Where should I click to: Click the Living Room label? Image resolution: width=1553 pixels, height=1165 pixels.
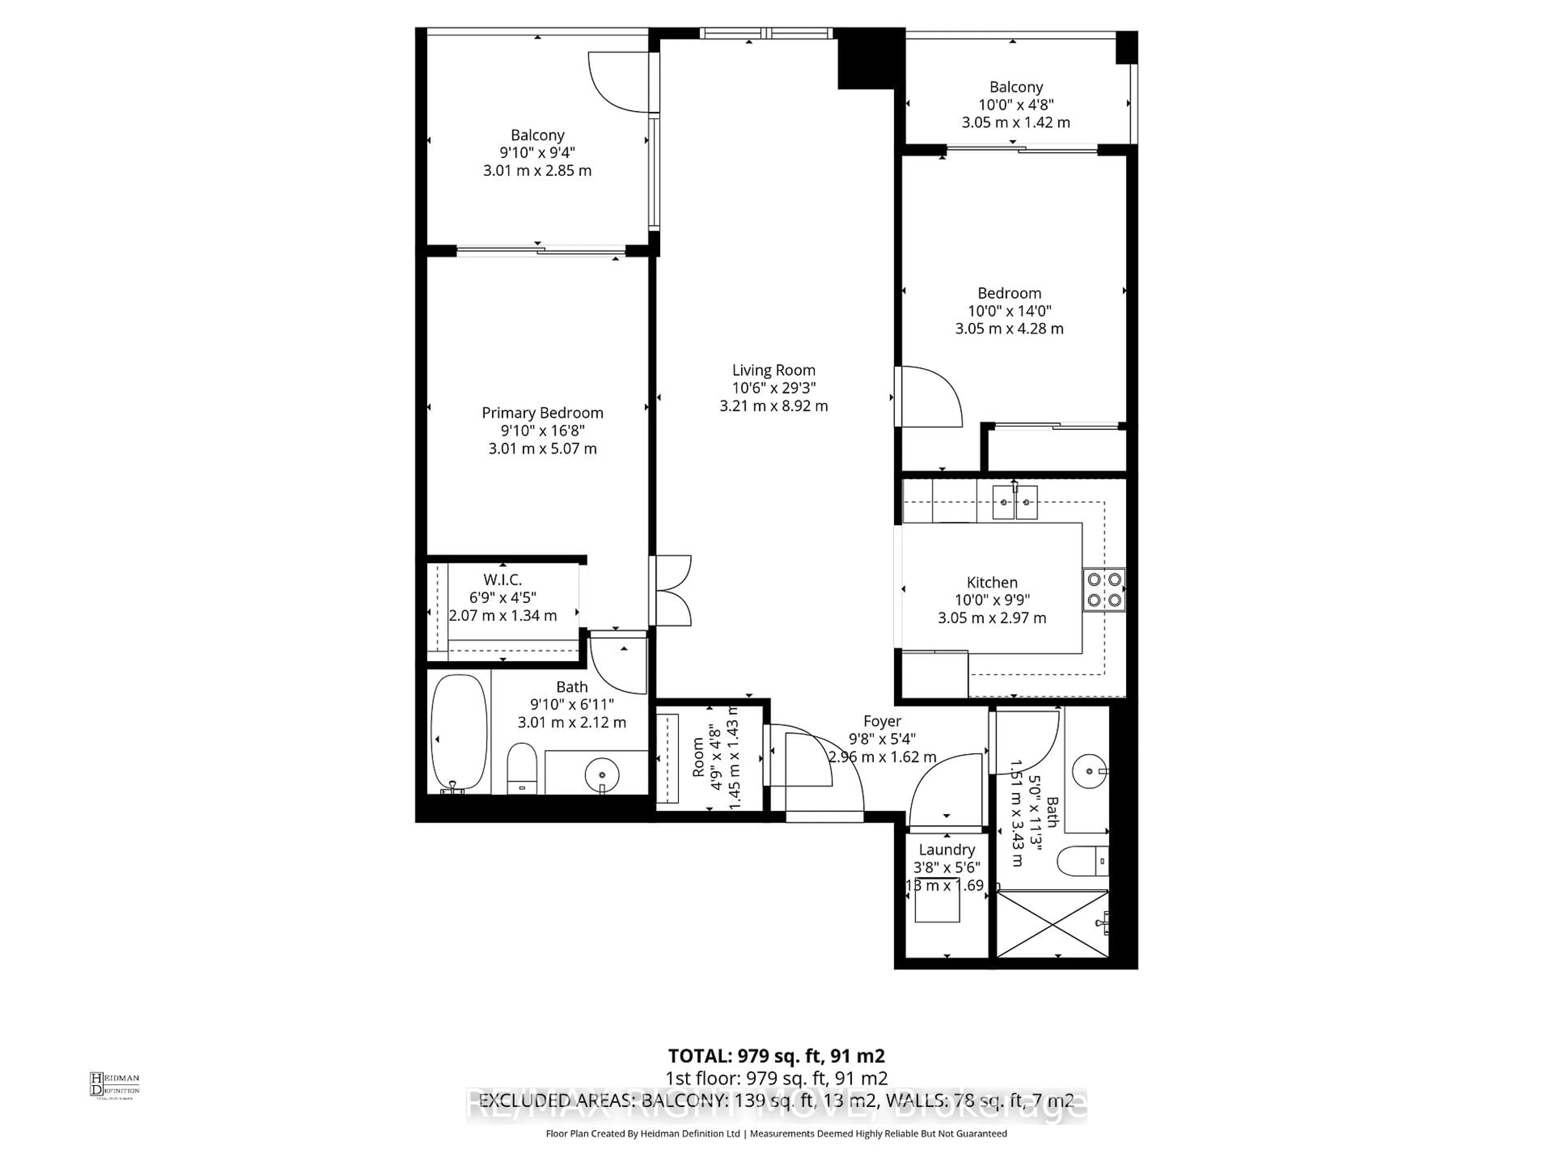pos(774,370)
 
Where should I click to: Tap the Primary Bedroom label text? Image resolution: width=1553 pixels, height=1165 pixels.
pos(542,413)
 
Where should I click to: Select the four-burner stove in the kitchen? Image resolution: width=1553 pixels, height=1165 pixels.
pos(1104,590)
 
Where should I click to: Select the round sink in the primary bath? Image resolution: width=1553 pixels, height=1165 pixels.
pos(602,773)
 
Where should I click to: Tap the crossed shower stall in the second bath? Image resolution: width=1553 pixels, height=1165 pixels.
pos(1052,924)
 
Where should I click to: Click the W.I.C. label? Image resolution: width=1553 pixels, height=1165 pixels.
pos(503,579)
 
